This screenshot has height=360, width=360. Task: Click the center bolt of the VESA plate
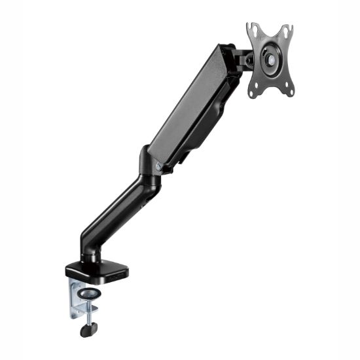pyautogui.click(x=270, y=59)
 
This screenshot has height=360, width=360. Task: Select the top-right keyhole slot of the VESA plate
pyautogui.click(x=285, y=30)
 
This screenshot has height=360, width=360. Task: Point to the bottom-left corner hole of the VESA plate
pyautogui.click(x=253, y=92)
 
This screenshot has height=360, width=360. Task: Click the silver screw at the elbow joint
pyautogui.click(x=159, y=166)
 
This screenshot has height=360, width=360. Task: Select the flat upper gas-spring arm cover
pyautogui.click(x=190, y=105)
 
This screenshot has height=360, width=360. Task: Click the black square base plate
pyautogui.click(x=96, y=269)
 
